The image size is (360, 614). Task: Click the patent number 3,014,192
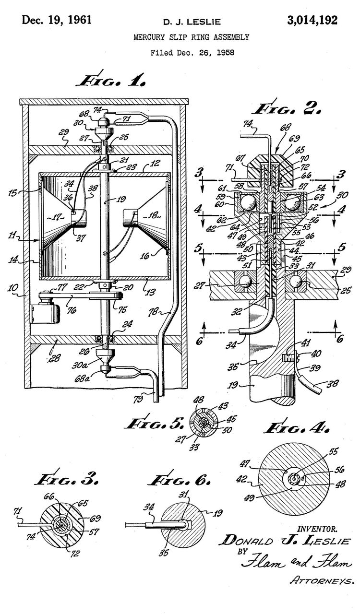coord(312,20)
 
